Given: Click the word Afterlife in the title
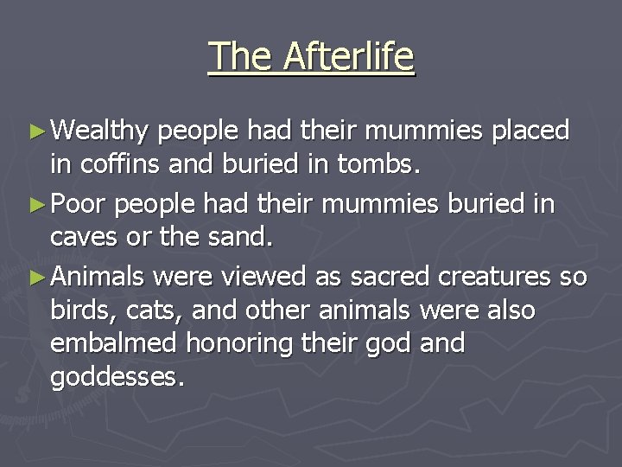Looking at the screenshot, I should point(349,57).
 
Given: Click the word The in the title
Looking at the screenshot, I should point(240,57).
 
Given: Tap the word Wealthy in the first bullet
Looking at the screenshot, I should point(100,131).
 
